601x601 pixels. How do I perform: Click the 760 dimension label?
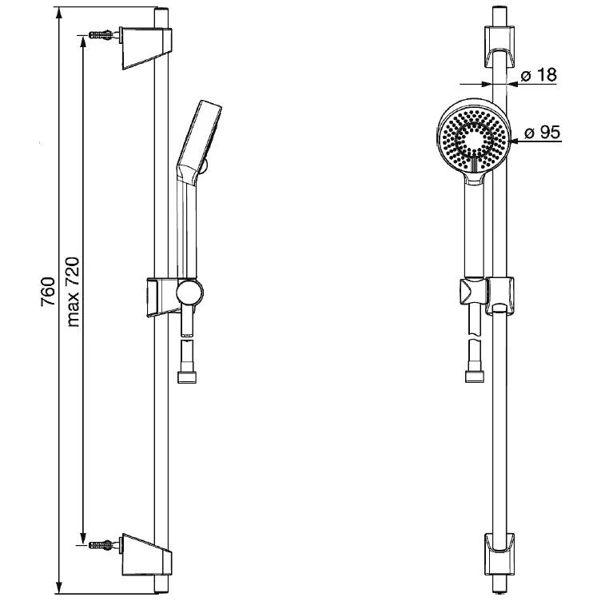[x=47, y=293]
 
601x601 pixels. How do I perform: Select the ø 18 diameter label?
[x=538, y=76]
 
